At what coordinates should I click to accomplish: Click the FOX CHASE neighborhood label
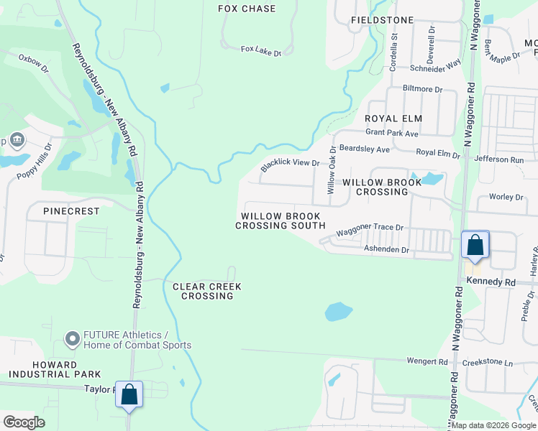[247, 9]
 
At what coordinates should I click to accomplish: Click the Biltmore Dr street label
[423, 88]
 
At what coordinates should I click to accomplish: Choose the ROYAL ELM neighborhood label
[393, 118]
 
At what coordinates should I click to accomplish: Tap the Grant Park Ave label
[392, 134]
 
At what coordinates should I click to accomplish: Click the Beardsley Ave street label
[364, 149]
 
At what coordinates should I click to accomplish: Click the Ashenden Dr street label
[386, 250]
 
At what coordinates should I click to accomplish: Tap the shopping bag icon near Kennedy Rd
[475, 245]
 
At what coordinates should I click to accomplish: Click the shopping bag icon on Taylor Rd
[129, 394]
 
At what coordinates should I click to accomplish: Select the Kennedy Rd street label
[491, 282]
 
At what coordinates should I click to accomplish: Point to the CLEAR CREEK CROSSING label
[207, 291]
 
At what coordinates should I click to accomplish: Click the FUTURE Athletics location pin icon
[72, 338]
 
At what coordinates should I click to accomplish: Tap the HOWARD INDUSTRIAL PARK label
[55, 369]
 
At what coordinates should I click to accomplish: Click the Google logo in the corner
[24, 422]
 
